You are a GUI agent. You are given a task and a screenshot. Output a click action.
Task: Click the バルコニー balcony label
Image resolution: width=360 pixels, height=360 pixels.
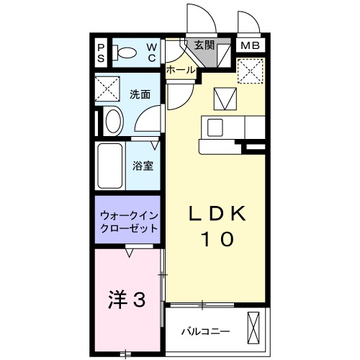[x=205, y=331]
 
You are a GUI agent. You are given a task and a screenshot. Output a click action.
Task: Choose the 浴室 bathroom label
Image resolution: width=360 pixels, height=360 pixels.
[x=142, y=166]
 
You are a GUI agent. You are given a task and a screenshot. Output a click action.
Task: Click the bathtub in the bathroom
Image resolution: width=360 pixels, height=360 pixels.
[x=110, y=166]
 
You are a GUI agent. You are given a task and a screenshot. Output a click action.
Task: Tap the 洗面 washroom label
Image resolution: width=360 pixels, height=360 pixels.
[x=140, y=94]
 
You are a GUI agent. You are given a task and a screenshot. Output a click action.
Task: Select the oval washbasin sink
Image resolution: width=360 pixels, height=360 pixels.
[x=113, y=122]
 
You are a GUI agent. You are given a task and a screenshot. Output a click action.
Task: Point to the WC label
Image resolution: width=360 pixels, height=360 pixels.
[x=153, y=53]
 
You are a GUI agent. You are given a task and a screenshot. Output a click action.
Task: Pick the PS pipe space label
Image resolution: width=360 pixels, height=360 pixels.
[x=102, y=53]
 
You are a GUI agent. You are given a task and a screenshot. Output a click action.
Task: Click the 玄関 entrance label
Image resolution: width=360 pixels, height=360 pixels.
[x=205, y=45]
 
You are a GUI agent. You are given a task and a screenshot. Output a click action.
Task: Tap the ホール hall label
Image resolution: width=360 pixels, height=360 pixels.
[x=180, y=71]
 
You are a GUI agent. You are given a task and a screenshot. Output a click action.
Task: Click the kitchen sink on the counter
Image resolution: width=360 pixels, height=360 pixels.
[x=216, y=127]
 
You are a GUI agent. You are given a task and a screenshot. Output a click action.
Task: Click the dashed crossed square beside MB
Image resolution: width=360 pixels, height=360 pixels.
[x=251, y=71]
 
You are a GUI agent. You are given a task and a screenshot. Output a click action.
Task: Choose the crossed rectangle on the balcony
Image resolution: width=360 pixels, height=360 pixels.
[x=253, y=328]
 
